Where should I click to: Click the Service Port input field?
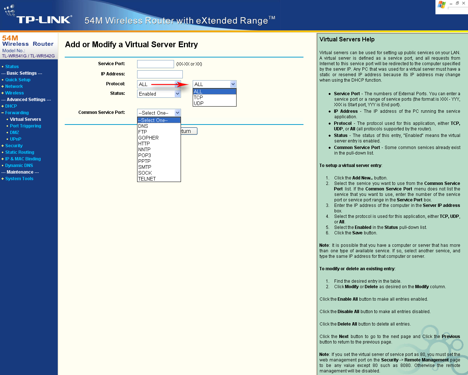click(155, 64)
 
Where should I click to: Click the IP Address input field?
click(160, 74)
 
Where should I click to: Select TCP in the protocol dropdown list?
click(198, 97)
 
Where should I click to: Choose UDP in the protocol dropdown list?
click(199, 103)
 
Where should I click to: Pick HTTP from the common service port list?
click(144, 144)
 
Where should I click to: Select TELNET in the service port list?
click(147, 179)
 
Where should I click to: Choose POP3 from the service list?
click(144, 155)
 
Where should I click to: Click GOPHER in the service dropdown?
click(148, 138)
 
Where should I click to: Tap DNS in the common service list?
click(143, 126)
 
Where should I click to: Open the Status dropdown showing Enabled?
click(159, 94)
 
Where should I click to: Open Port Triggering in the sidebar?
click(25, 126)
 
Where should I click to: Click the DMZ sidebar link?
click(14, 133)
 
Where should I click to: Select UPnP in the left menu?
click(15, 139)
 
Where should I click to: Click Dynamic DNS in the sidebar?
click(19, 166)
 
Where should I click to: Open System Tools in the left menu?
click(19, 179)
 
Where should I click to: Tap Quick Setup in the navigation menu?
click(18, 80)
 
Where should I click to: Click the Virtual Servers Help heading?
click(347, 40)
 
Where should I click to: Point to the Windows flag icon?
click(442, 5)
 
